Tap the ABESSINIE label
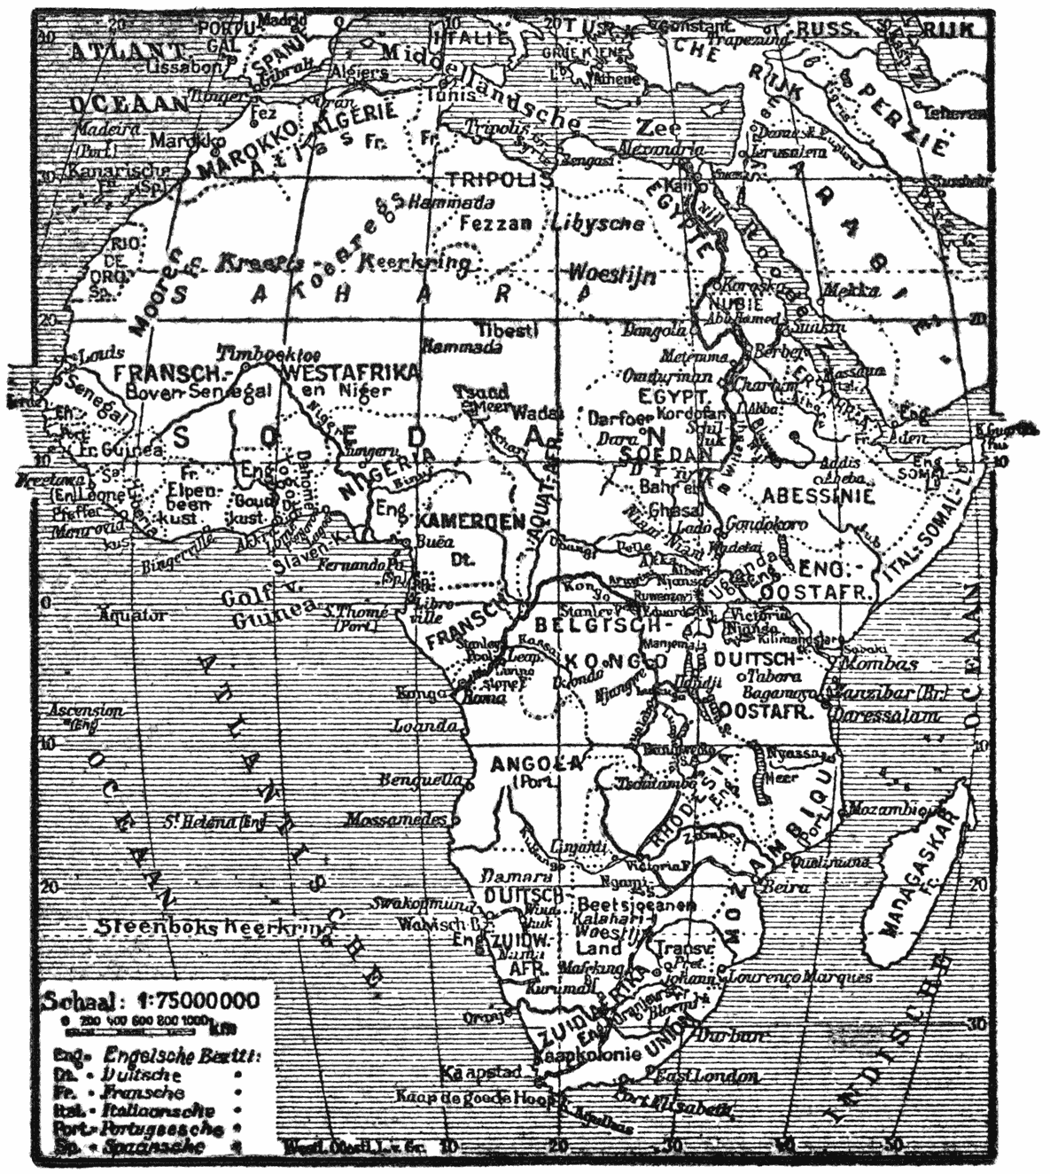(x=812, y=496)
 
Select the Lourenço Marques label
(x=801, y=976)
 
